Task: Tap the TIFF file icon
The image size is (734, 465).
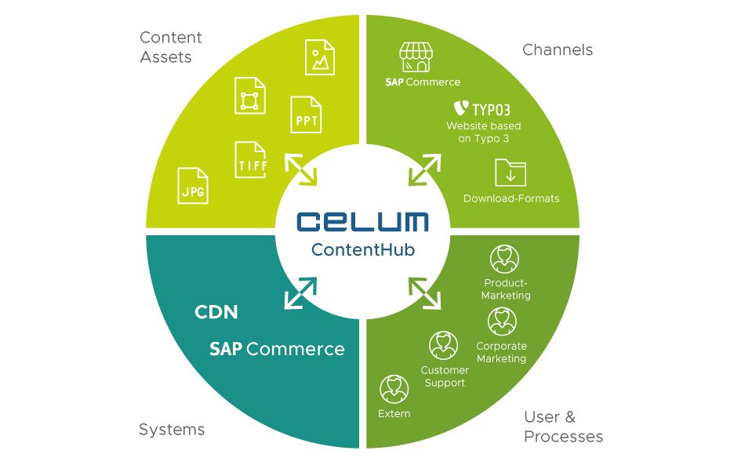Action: (251, 160)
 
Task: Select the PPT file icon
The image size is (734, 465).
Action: (306, 115)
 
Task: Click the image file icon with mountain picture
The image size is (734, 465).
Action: (320, 57)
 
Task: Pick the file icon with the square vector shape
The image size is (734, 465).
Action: (249, 96)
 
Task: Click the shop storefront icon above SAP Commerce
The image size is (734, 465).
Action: (416, 57)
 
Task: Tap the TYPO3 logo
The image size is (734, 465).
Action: (482, 109)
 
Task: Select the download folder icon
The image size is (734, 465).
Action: (511, 172)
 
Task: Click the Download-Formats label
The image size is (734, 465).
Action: (511, 198)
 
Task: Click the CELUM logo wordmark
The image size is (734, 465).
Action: (362, 221)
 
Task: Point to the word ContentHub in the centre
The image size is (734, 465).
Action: (362, 250)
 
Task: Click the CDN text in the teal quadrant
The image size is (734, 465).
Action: (216, 312)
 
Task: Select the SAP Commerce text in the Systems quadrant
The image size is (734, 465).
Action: (277, 349)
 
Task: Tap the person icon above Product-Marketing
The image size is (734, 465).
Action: (504, 259)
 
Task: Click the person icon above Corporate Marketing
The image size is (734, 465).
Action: (502, 321)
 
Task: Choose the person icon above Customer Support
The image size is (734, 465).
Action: (444, 345)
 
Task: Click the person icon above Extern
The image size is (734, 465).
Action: (394, 388)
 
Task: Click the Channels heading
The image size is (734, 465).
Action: (558, 50)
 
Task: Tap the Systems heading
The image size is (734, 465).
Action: (172, 429)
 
